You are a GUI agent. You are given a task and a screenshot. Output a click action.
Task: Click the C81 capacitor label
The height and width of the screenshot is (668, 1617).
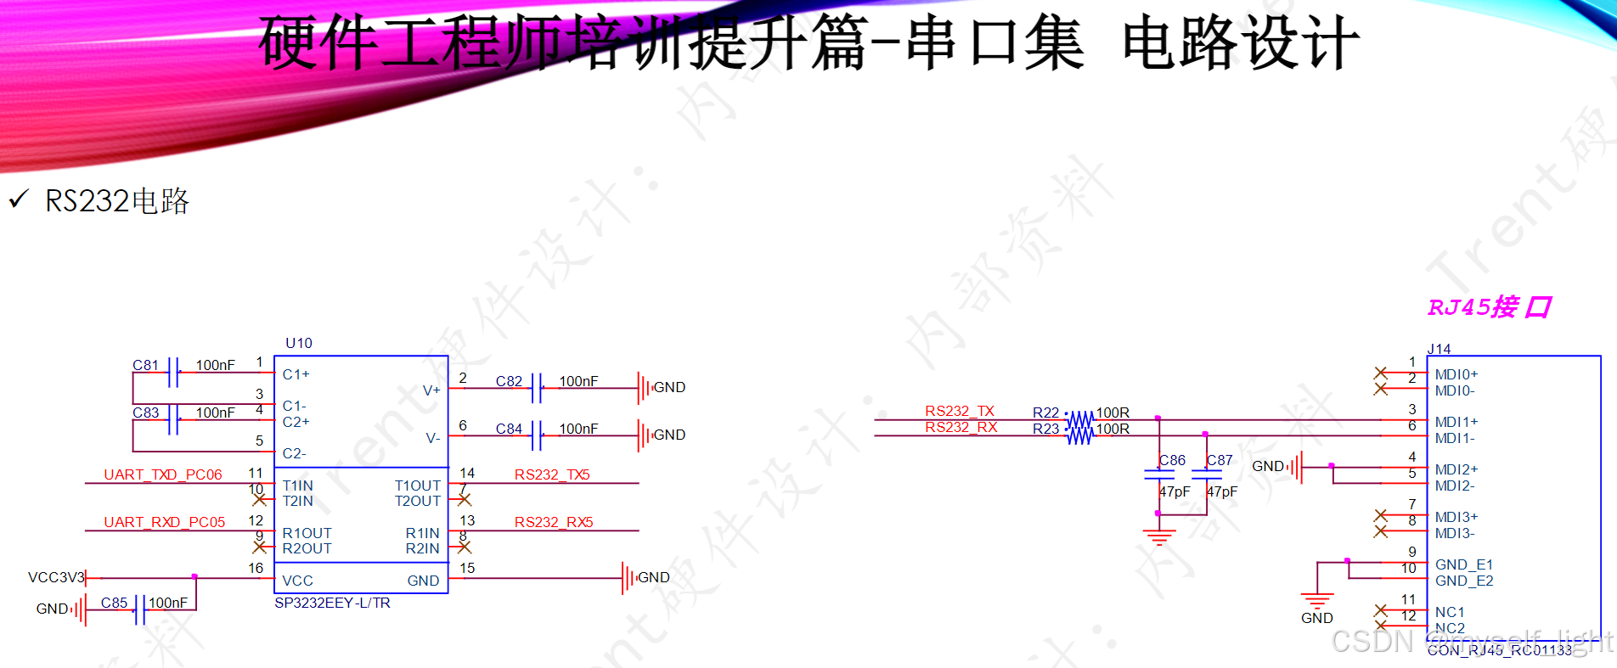pos(145,365)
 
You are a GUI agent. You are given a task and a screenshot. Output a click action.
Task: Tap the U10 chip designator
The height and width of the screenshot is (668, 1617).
pos(299,343)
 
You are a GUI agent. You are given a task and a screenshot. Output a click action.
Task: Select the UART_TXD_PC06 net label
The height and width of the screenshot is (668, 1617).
pos(163,474)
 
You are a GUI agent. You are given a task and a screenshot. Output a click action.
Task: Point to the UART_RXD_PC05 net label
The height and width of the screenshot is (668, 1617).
pos(165,522)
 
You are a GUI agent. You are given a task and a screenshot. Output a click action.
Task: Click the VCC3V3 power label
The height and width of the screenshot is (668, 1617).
pos(56,577)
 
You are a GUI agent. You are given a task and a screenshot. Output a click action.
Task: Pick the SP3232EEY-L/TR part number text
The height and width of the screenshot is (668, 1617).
pos(332,603)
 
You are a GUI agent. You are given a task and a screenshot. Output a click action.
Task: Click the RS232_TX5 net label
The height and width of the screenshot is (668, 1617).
pos(552,474)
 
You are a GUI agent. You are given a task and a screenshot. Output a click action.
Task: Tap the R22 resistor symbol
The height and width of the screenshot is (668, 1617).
pos(1079,419)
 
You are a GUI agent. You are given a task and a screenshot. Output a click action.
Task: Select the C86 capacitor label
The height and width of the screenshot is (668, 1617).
pos(1172,460)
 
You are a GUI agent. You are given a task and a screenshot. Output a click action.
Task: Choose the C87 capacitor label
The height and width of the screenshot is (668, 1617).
pos(1220,460)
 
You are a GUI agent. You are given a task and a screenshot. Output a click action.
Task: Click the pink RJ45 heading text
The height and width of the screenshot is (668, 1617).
pos(1489,307)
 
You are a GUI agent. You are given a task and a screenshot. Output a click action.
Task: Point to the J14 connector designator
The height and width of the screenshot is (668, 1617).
pos(1439,349)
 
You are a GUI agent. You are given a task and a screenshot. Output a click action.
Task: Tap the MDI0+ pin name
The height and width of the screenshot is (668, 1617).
pos(1456,374)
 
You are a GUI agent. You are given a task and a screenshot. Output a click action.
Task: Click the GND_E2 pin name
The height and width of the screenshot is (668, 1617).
pos(1464,581)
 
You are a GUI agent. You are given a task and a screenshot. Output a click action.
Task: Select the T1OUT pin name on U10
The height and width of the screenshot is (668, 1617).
pos(417,486)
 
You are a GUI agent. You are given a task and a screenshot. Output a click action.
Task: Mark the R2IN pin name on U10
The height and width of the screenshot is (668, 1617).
pos(422,548)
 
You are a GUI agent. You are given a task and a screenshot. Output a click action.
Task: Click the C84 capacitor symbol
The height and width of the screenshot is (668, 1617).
pos(537,435)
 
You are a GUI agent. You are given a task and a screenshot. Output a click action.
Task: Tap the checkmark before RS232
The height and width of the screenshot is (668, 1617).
pos(18,199)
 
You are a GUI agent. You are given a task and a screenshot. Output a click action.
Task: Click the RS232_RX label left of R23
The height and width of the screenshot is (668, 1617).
pos(961,427)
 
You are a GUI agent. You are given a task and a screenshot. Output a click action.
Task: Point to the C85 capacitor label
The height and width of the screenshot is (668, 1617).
pos(114,603)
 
